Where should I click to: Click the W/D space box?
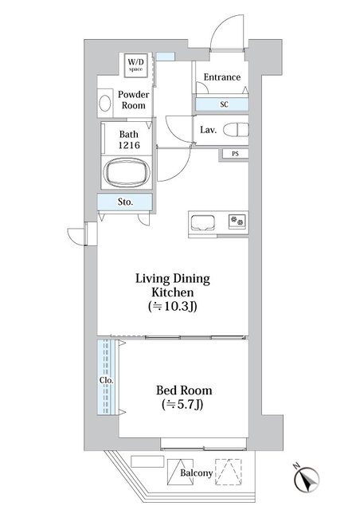coord(136,65)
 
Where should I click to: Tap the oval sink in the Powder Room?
coord(105,103)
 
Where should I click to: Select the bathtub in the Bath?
coord(127,173)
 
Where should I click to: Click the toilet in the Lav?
coord(236,129)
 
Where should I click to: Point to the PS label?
coord(235,154)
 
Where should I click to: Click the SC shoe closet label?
coord(224,104)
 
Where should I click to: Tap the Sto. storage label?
coord(125,202)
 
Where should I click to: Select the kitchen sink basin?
coord(202,223)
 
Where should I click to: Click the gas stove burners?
coord(237,222)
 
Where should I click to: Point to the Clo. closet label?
coord(107,380)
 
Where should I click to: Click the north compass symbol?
coord(307,478)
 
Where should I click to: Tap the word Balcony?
coord(197,473)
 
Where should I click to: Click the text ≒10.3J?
coord(172,306)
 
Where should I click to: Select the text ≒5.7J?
coord(182,404)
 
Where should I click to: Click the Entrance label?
coord(222,77)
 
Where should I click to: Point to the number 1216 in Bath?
coord(129,145)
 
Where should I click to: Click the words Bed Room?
coord(184,390)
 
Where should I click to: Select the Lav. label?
coord(208,130)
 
